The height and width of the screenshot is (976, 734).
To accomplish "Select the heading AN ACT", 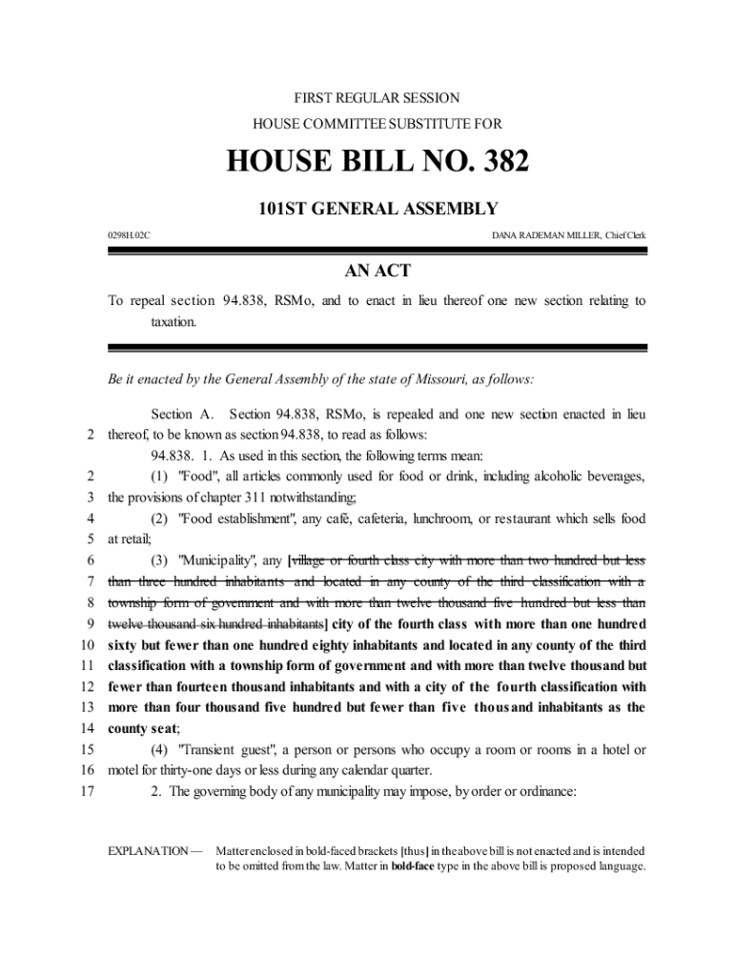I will (377, 272).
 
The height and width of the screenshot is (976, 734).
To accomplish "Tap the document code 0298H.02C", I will (129, 234).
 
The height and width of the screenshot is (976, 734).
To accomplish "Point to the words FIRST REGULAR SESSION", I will (377, 98).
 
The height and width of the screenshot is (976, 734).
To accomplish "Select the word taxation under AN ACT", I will (173, 322).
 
